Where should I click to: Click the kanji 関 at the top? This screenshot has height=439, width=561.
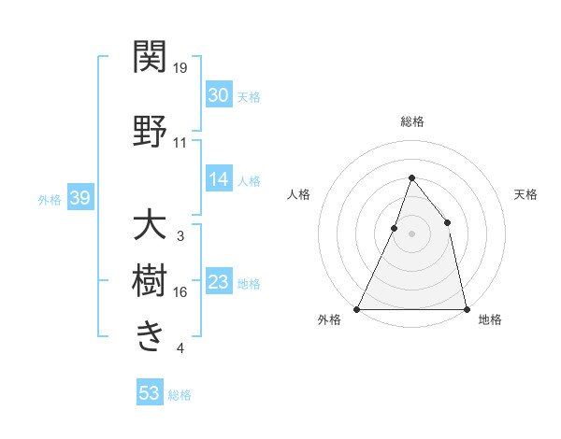point(150,58)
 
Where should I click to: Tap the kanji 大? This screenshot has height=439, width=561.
point(150,225)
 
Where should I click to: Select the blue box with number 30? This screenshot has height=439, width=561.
point(218,95)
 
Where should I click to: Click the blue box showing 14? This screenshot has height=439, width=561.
point(218,180)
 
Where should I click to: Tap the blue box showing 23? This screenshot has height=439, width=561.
point(218,283)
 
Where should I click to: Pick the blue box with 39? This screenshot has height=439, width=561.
point(79,198)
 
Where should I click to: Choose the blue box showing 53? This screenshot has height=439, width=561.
point(150,393)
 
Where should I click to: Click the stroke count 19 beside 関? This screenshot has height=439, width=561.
point(180,68)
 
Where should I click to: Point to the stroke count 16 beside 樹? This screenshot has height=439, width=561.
point(180,292)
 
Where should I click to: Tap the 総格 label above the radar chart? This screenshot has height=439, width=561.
point(411,121)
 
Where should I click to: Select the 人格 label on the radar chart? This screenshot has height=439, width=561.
point(298,194)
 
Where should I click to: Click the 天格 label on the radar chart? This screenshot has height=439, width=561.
point(525,194)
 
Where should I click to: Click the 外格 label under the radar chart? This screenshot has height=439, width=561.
point(329,319)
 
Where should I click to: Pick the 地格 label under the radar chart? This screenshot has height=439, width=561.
point(490,319)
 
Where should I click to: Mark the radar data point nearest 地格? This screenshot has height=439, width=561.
point(466,308)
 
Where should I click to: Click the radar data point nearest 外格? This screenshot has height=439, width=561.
point(357,308)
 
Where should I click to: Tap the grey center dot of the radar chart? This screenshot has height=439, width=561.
point(411,234)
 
